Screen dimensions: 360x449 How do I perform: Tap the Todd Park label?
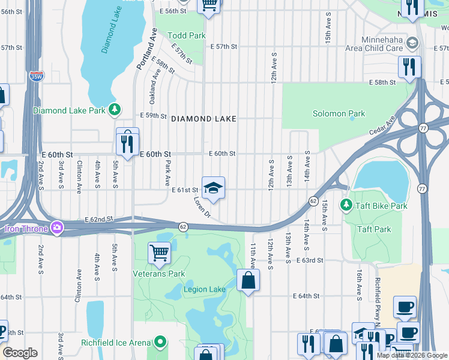pyautogui.click(x=187, y=35)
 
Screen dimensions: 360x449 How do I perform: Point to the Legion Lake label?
pyautogui.click(x=205, y=289)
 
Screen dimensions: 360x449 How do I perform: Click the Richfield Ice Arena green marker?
pyautogui.click(x=160, y=343)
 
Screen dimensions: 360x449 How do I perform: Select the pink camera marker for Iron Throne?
pyautogui.click(x=56, y=227)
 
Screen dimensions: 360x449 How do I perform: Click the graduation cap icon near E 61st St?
pyautogui.click(x=212, y=188)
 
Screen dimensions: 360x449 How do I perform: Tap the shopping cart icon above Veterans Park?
pyautogui.click(x=159, y=253)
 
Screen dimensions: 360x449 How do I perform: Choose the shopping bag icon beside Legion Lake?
pyautogui.click(x=248, y=280)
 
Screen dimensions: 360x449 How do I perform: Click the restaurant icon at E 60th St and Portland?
pyautogui.click(x=127, y=142)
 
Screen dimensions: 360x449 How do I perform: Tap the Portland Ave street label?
pyautogui.click(x=145, y=52)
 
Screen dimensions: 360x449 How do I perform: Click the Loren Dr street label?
pyautogui.click(x=202, y=207)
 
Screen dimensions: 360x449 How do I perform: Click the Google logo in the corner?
pyautogui.click(x=19, y=352)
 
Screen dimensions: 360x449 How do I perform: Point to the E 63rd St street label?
pyautogui.click(x=310, y=260)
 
